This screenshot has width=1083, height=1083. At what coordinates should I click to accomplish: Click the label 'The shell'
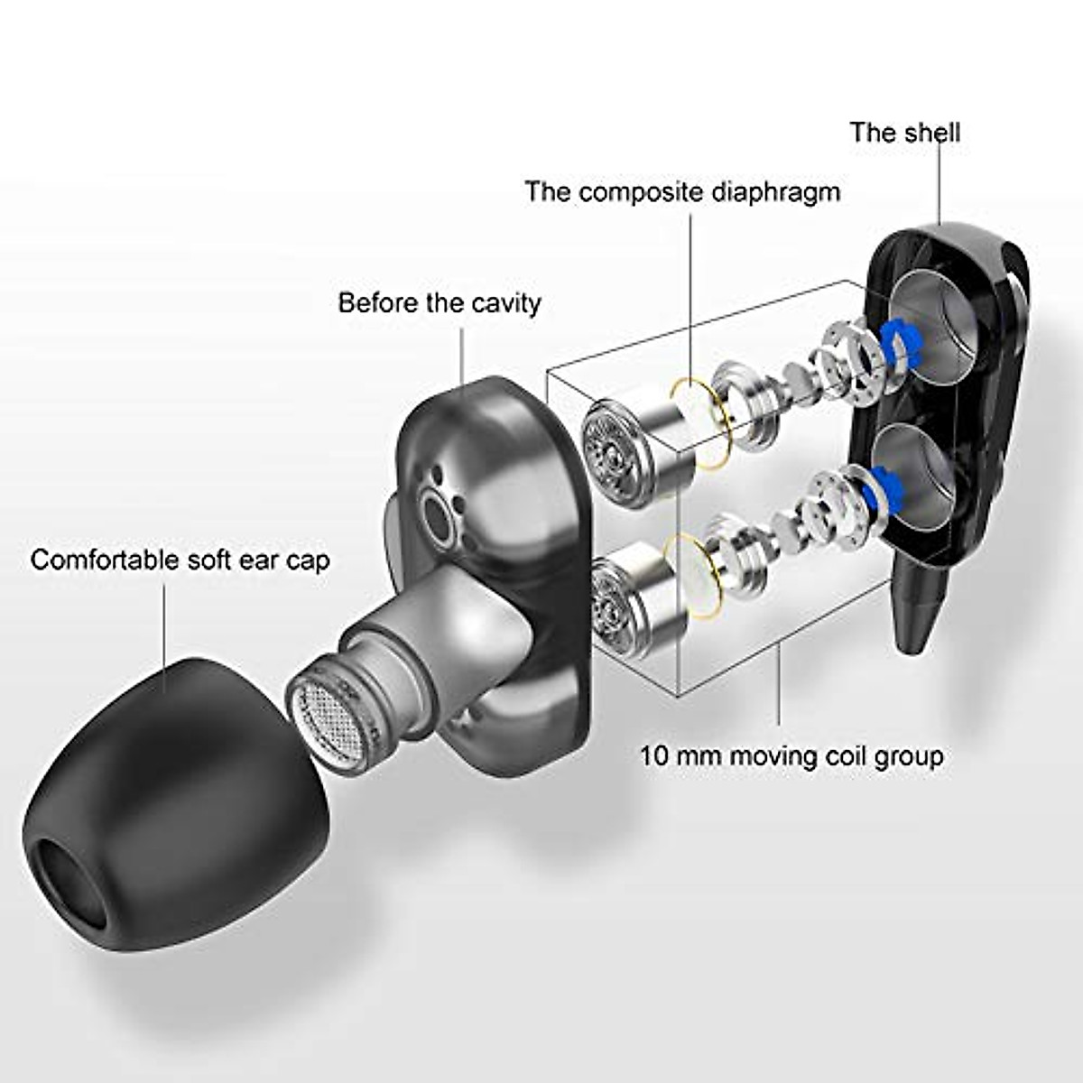click(x=904, y=133)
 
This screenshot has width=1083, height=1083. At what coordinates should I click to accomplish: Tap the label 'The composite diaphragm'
click(x=682, y=192)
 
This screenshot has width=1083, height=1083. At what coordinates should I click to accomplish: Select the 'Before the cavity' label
click(x=439, y=303)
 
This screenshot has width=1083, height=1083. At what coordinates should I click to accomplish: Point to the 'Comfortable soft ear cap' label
click(x=180, y=560)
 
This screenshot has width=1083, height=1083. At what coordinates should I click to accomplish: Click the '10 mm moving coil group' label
click(x=791, y=754)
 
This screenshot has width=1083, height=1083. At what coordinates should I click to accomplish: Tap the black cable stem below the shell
click(x=918, y=605)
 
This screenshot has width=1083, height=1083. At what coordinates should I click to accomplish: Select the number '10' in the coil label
click(x=656, y=754)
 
